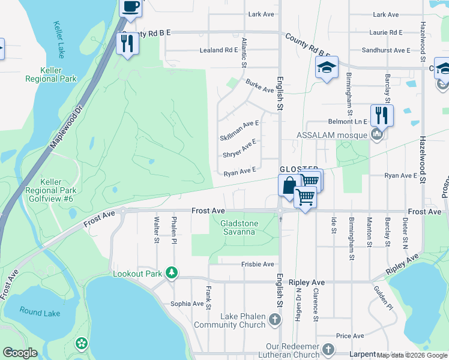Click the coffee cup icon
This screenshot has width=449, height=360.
tap(130, 7)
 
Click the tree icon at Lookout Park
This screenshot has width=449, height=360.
tap(172, 274)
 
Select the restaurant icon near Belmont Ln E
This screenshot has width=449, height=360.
tap(381, 115)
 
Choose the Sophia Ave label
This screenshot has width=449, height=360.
tap(187, 304)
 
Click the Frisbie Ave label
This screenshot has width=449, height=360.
tap(258, 264)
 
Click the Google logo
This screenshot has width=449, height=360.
tap(20, 353)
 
